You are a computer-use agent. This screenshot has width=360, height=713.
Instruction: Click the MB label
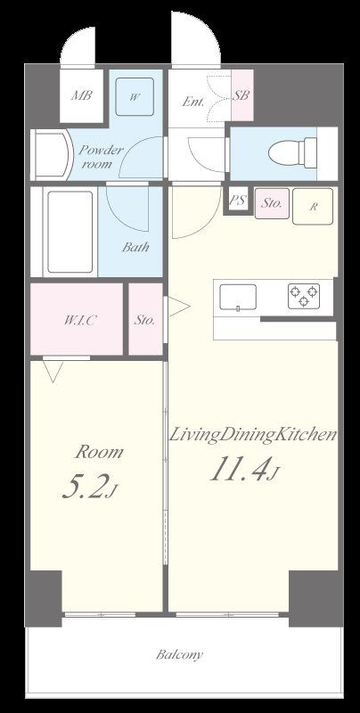(82, 96)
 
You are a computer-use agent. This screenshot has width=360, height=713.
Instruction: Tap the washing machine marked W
(134, 97)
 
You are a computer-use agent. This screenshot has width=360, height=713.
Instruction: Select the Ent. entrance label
(192, 102)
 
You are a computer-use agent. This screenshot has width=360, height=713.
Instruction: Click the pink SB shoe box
(242, 95)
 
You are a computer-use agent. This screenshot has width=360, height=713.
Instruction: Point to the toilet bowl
(291, 151)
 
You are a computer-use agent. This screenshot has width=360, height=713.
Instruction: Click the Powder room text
(102, 157)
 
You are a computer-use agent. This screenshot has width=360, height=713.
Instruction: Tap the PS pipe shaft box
(236, 201)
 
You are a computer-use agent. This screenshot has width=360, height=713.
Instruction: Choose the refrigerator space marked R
(313, 207)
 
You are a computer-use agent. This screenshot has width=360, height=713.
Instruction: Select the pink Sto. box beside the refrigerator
(273, 203)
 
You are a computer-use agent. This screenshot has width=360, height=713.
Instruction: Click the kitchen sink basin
(238, 298)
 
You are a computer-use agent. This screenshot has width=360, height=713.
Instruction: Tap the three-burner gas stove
(304, 296)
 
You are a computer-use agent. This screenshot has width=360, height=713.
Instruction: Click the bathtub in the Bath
(70, 232)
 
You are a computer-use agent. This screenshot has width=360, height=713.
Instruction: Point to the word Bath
(135, 248)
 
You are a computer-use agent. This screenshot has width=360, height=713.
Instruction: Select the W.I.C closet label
(79, 320)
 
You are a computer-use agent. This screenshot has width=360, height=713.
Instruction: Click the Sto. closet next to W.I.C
(145, 319)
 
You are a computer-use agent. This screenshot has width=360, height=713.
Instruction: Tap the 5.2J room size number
(90, 488)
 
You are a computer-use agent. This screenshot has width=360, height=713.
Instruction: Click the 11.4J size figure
(243, 469)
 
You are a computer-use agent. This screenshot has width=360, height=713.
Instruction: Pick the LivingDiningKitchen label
(253, 435)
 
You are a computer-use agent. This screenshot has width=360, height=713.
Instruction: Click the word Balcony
(179, 655)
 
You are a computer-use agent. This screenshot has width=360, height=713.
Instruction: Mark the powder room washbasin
(51, 154)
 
